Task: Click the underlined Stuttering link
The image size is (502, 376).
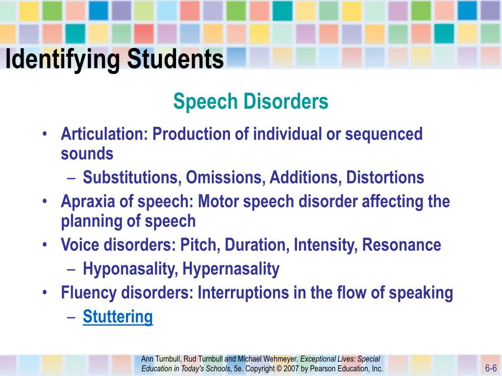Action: click(118, 317)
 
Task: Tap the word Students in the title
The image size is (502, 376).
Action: click(176, 59)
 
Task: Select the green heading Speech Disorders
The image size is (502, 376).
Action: click(251, 101)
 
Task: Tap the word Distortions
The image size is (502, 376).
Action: click(385, 177)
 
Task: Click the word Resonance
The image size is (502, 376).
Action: click(402, 245)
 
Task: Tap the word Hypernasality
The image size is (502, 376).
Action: click(231, 269)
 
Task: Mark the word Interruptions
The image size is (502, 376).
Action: click(243, 293)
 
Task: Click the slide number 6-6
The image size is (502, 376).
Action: click(491, 368)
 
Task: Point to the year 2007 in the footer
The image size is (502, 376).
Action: click(291, 369)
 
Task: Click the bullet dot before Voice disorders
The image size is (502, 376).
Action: click(45, 245)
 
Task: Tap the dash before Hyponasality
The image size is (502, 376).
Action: click(72, 269)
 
